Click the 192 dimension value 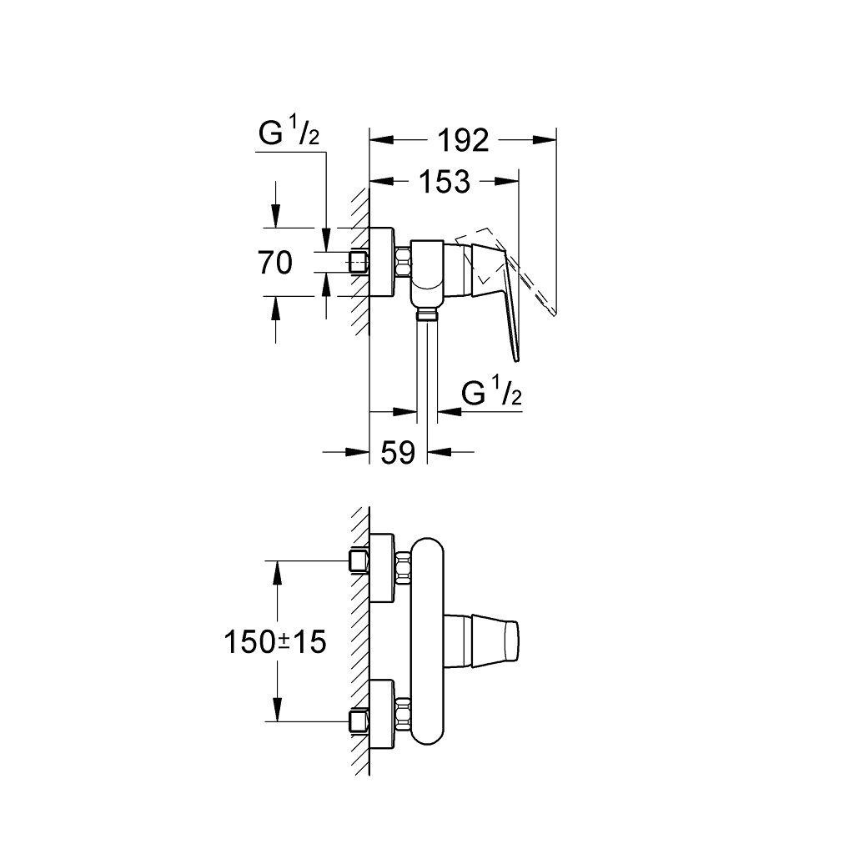tap(465, 141)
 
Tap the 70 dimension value tap(275, 263)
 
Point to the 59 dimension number tap(398, 453)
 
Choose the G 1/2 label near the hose tap(492, 393)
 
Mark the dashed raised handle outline tap(534, 288)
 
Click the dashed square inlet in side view tap(359, 262)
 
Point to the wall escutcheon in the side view tap(382, 261)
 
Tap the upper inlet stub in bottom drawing tap(359, 560)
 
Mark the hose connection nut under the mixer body tap(427, 314)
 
